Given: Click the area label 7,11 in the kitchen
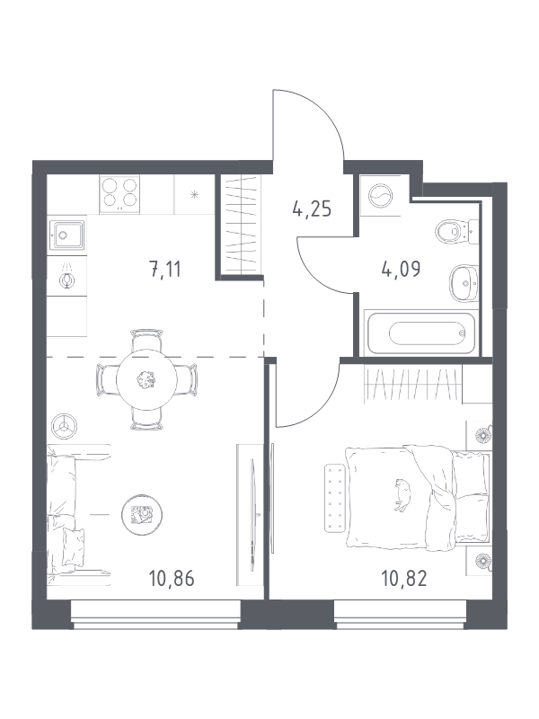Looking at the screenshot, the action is [x=165, y=269].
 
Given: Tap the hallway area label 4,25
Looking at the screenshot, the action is [x=312, y=209].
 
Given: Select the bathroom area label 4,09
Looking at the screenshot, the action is [x=401, y=269].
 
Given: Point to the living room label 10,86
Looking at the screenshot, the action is [x=172, y=579].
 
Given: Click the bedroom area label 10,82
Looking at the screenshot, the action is [x=403, y=579].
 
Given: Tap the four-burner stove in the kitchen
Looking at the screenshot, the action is [x=119, y=194].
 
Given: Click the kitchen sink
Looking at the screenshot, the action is [x=66, y=235].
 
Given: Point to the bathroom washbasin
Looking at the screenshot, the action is [x=464, y=283].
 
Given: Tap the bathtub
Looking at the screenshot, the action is [x=420, y=333].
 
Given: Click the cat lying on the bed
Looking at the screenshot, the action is [x=402, y=494].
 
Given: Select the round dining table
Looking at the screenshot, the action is [x=146, y=379].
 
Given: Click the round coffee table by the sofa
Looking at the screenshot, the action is [x=142, y=515].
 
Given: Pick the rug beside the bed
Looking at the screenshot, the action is [x=335, y=499].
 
